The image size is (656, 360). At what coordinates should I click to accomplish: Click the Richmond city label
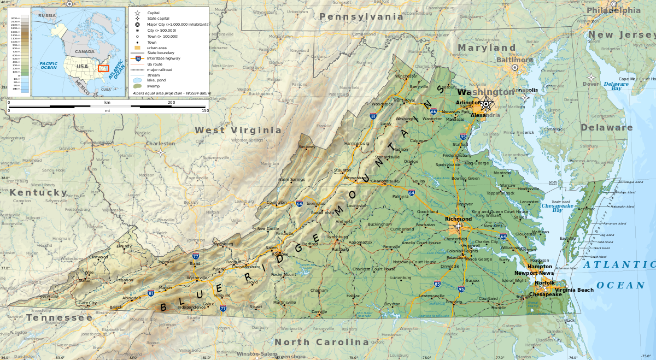458,219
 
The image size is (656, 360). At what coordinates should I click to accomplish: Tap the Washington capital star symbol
485,104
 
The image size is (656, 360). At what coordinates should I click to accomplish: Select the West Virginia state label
238,130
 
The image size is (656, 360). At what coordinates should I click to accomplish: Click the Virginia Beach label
573,290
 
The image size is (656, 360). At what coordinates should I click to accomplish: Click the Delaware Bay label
616,86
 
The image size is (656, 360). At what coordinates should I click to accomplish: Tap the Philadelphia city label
613,10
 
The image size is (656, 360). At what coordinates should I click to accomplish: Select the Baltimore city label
514,60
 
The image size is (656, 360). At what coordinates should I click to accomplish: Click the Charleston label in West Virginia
160,144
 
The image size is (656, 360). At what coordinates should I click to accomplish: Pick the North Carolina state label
321,342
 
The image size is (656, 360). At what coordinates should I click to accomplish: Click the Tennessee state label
60,317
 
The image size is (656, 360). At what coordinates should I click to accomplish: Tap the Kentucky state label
38,192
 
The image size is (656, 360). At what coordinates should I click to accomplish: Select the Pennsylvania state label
361,17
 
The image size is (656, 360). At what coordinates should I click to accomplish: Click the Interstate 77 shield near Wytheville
196,256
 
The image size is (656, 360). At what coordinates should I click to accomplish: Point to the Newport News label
534,273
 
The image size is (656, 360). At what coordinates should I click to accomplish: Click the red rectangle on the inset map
103,68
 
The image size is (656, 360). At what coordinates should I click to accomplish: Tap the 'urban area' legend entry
156,48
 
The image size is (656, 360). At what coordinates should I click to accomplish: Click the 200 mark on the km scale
171,103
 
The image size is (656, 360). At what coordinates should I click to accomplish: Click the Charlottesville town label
385,181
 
